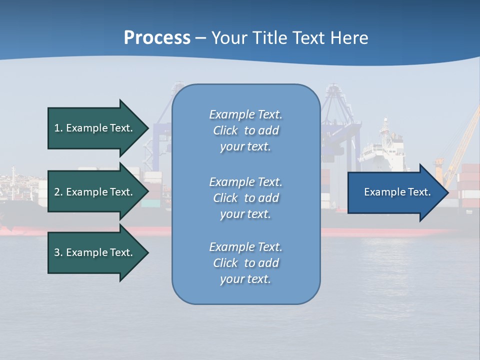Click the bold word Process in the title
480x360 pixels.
(157, 38)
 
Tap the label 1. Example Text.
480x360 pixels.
(93, 128)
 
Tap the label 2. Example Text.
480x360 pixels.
(93, 192)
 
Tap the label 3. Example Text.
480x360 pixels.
(93, 252)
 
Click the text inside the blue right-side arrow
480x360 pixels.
(397, 192)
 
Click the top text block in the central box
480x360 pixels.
(245, 130)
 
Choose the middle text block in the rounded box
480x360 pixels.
(245, 198)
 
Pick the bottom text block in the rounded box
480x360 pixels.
(245, 263)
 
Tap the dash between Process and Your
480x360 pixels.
(200, 38)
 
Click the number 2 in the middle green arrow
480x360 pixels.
(57, 192)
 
